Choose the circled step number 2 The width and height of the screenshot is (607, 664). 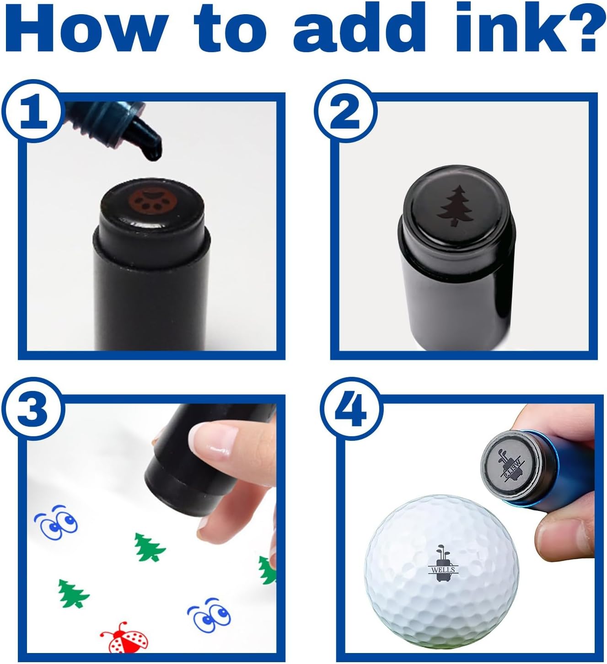click(x=345, y=112)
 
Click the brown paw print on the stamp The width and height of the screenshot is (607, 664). click(x=150, y=201)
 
